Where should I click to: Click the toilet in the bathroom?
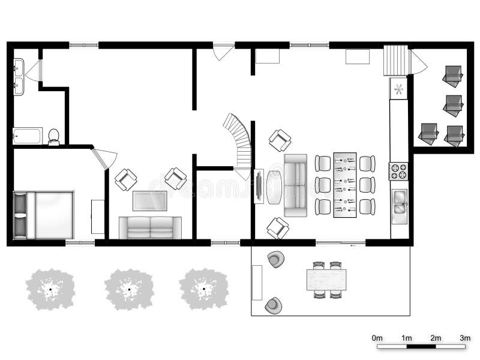(x=53, y=137)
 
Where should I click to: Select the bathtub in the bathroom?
(x=28, y=136)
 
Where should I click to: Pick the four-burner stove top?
(x=398, y=172)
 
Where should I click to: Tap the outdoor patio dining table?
(x=326, y=280)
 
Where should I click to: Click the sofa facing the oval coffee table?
(x=295, y=185)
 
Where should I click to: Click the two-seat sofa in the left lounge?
(x=149, y=228)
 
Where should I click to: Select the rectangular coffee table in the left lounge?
(x=149, y=200)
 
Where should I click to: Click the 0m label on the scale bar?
(x=377, y=339)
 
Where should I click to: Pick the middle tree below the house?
(x=128, y=289)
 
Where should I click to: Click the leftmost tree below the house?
(x=52, y=289)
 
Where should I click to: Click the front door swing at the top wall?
(x=223, y=51)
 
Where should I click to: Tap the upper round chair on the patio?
(x=275, y=259)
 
